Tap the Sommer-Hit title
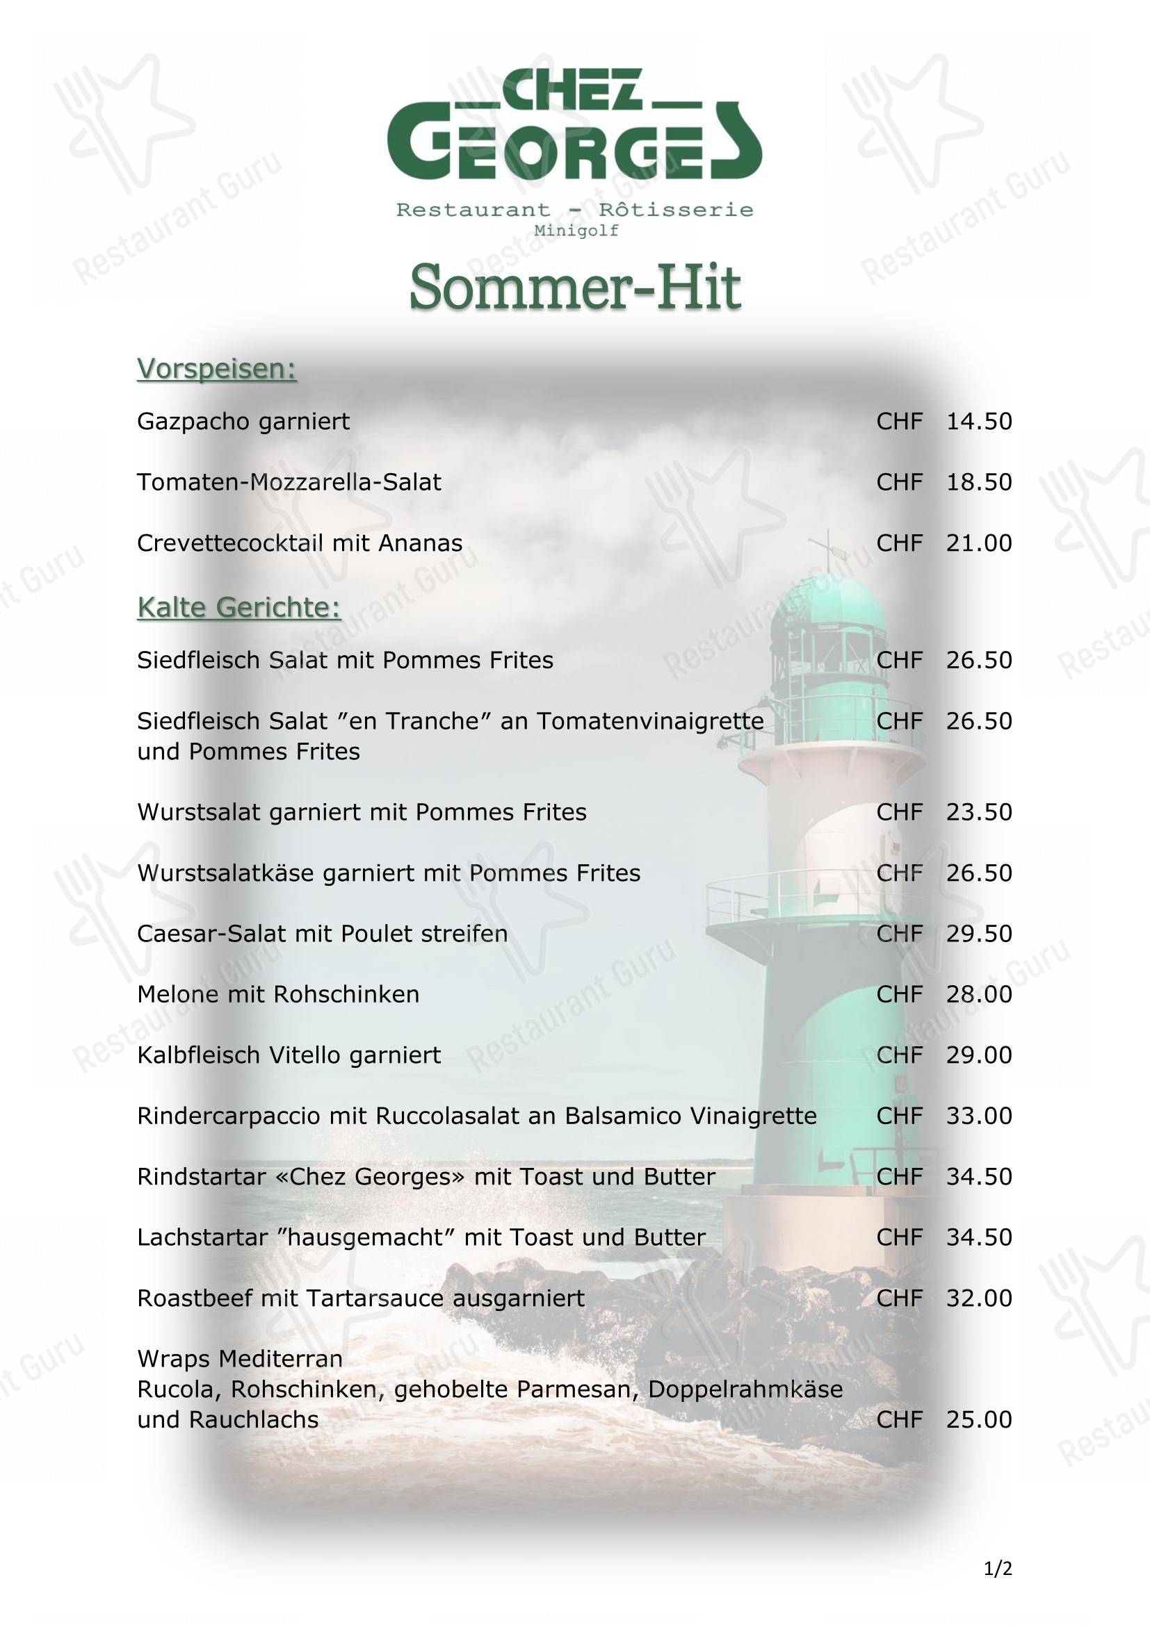[x=574, y=288]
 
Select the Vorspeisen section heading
[x=216, y=369]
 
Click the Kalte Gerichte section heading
[x=238, y=607]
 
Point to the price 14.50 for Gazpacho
[x=979, y=421]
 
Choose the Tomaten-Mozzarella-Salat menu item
[x=289, y=482]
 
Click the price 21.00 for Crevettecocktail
[x=979, y=543]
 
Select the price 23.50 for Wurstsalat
[x=979, y=811]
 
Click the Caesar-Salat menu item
[x=322, y=934]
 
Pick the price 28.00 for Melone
[x=979, y=994]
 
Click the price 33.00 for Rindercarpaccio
[x=979, y=1116]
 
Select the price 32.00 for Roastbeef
[x=979, y=1298]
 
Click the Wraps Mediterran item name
[x=239, y=1359]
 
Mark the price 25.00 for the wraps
[x=979, y=1420]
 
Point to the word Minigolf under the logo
[x=576, y=231]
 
